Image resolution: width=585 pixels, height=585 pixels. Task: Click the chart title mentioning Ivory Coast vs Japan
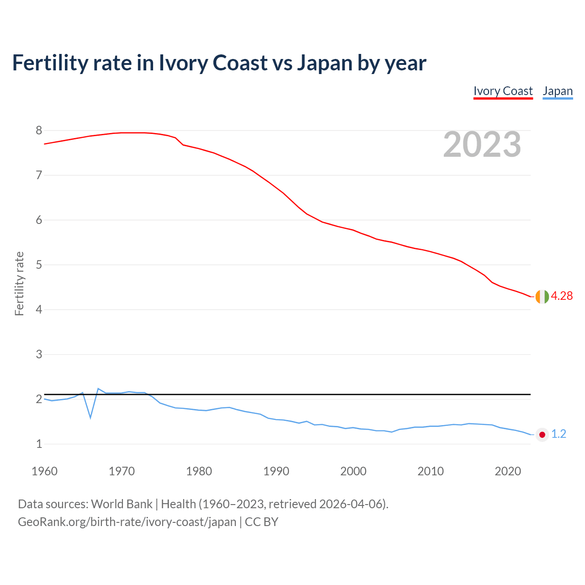[x=219, y=63]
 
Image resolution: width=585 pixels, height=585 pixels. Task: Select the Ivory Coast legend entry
[x=503, y=91]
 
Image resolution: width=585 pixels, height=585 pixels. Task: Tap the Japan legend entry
[x=558, y=91]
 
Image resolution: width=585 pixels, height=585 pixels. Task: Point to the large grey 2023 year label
[x=482, y=144]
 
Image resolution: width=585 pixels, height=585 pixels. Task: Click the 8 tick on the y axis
[x=39, y=131]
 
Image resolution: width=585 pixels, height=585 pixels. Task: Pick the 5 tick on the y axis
[x=39, y=265]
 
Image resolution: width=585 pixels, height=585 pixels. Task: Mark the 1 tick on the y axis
[x=39, y=444]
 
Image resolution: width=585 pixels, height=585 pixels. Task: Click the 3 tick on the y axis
[x=39, y=354]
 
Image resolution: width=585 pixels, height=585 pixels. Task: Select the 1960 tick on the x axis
[x=44, y=471]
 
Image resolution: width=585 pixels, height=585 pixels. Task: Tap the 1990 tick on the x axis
[x=276, y=471]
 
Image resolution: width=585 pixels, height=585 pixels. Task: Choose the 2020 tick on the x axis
[x=508, y=471]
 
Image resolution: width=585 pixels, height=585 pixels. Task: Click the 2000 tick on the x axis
[x=353, y=471]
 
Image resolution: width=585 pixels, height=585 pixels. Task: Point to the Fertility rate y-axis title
[x=19, y=283]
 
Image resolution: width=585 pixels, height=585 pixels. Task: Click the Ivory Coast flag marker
[x=542, y=297]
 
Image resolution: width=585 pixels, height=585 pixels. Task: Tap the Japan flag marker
[x=542, y=435]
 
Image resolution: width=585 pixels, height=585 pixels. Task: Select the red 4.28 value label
[x=562, y=296]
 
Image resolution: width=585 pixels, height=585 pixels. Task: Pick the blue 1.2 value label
[x=558, y=434]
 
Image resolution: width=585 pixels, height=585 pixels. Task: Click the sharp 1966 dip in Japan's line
[x=90, y=417]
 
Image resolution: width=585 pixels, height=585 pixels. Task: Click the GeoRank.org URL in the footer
[x=127, y=522]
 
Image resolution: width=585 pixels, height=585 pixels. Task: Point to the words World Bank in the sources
[x=122, y=504]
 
